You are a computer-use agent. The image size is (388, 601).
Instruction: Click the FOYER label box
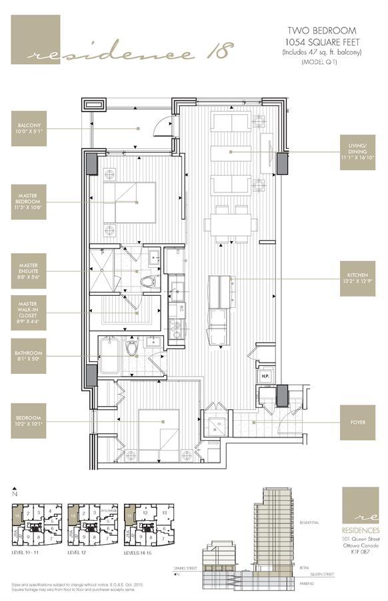coord(357,422)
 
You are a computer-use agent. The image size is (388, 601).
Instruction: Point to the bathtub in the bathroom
coord(110,349)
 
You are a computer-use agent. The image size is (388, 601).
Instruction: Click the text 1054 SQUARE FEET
coord(321,42)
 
